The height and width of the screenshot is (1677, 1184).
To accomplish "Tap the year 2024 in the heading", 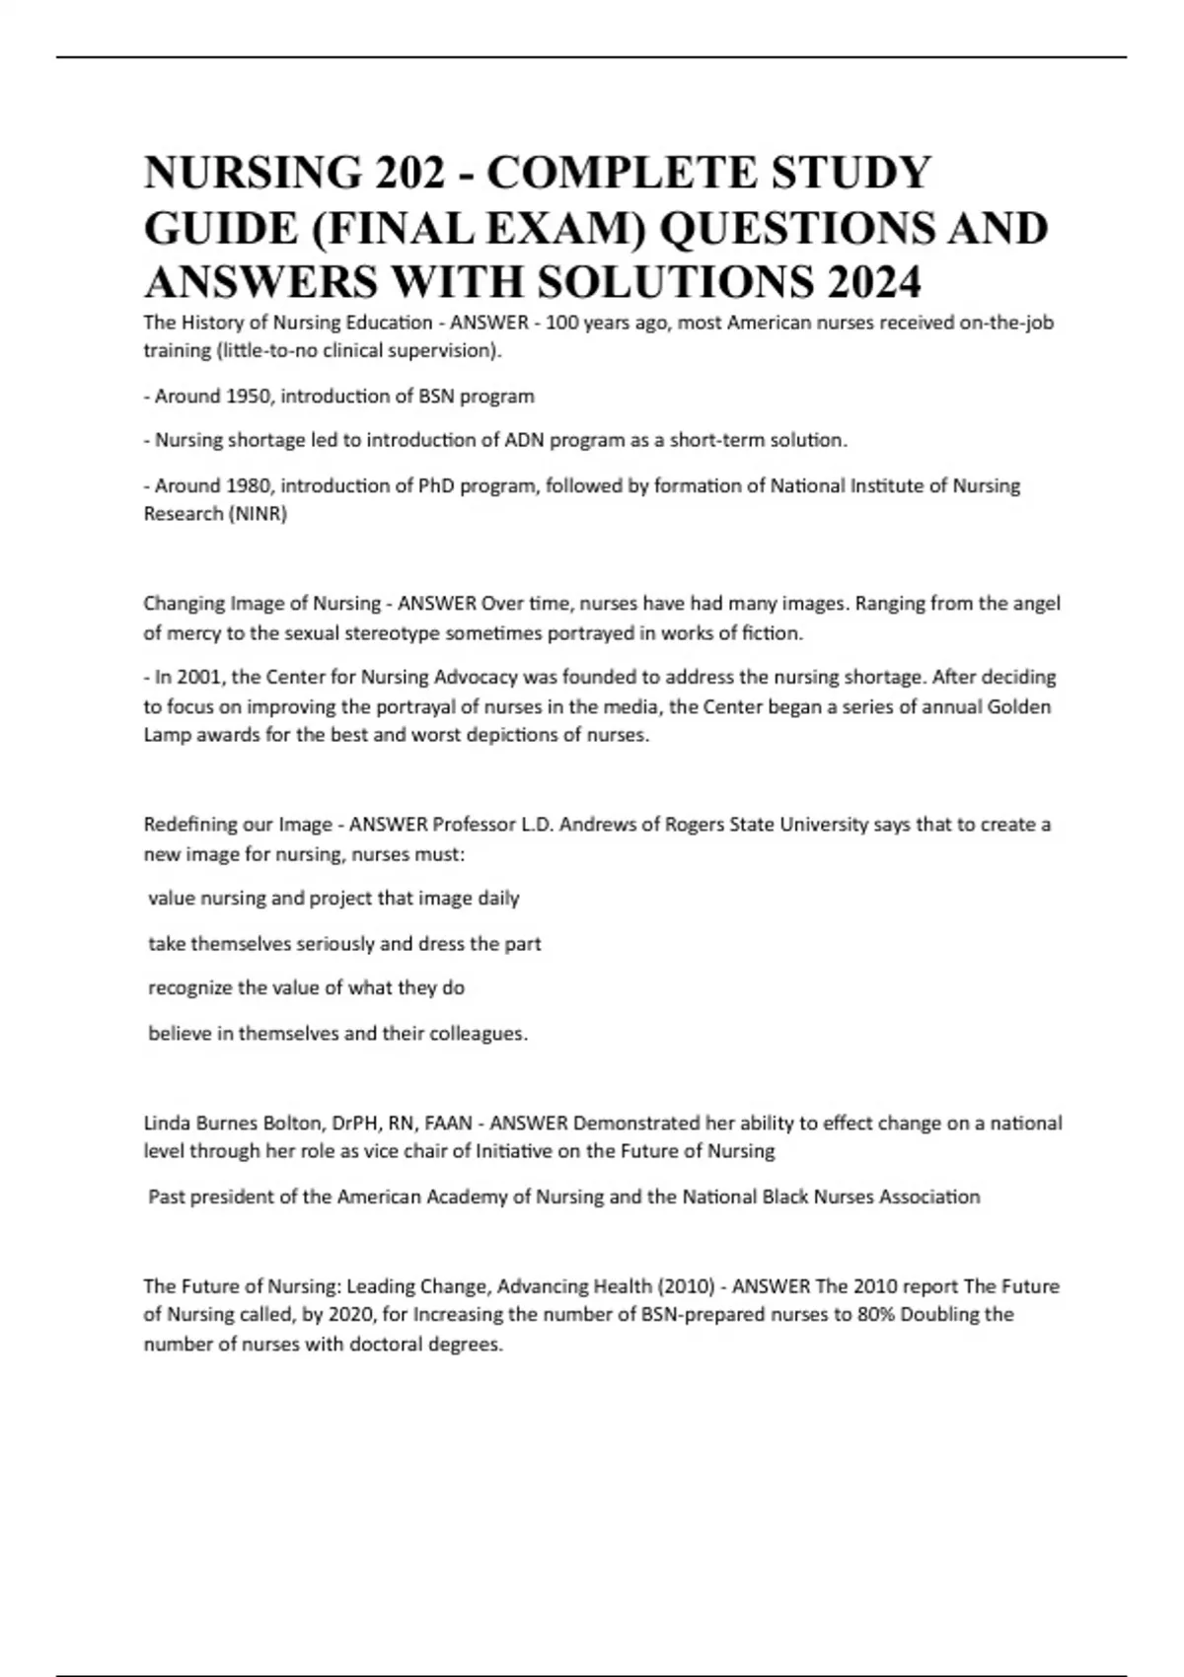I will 873,284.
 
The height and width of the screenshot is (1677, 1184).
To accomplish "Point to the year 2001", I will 192,678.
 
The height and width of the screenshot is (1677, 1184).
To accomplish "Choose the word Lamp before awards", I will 169,736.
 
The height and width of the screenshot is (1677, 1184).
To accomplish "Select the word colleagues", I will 479,1034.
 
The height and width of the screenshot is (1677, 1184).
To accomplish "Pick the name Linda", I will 167,1123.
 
